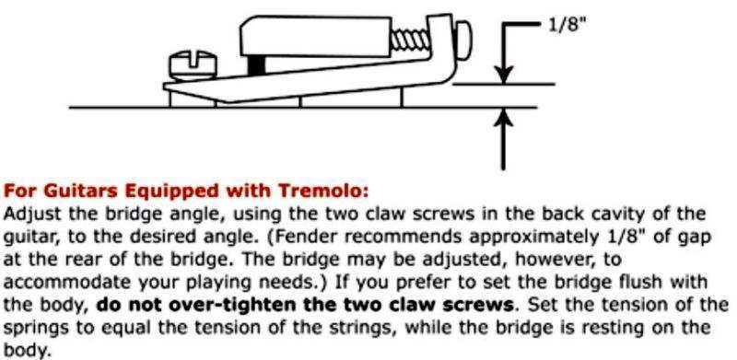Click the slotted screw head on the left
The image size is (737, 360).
[193, 64]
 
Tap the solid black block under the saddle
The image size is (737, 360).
[257, 64]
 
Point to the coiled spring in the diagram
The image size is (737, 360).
[410, 41]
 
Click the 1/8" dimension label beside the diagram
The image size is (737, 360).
[567, 24]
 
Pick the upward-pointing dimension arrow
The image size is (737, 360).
[503, 139]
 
